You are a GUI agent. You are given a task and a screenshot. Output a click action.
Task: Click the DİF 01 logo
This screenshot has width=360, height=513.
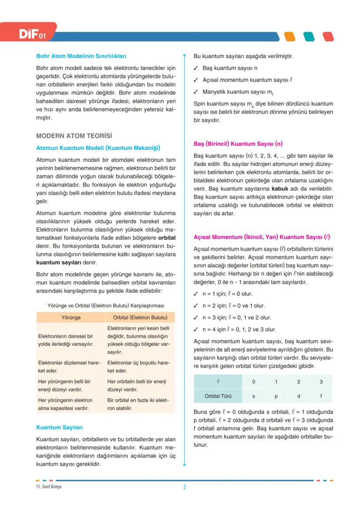[x=31, y=34]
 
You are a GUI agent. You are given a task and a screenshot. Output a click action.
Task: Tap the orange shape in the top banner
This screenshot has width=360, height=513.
[x=289, y=37]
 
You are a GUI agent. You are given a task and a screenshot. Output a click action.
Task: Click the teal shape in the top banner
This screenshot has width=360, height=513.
[x=308, y=37]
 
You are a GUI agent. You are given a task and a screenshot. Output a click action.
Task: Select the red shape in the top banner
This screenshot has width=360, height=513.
[x=328, y=37]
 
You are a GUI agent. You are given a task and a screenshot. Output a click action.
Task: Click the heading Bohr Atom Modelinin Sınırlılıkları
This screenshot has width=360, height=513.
[x=81, y=56]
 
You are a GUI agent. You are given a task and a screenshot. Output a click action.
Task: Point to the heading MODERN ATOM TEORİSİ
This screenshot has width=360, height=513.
[x=74, y=136]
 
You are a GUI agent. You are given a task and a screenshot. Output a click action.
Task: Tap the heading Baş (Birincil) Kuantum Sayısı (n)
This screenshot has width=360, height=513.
[x=238, y=143]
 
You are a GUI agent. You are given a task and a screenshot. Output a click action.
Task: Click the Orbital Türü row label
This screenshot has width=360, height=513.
[x=218, y=396]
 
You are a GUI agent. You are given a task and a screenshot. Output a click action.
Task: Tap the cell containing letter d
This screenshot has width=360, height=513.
[x=298, y=396]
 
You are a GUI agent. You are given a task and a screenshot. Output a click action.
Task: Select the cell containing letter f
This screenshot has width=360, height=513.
[x=321, y=396]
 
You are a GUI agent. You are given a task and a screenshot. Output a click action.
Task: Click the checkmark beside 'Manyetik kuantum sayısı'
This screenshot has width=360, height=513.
[x=196, y=92]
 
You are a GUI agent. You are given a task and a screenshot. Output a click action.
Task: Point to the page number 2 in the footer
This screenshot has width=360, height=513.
[x=184, y=487]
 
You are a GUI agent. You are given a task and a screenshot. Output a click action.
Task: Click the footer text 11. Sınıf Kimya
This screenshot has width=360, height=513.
[x=49, y=486]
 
